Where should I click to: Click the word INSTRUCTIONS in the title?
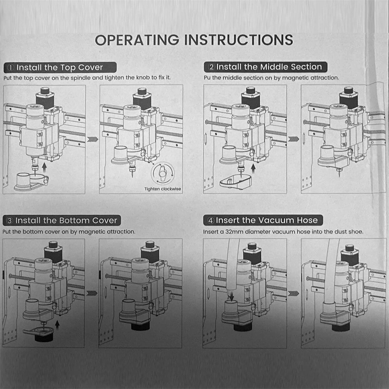pyautogui.click(x=239, y=40)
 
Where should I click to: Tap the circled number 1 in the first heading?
pyautogui.click(x=11, y=68)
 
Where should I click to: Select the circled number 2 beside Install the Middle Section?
pyautogui.click(x=211, y=67)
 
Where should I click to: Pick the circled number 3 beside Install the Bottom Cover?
pyautogui.click(x=10, y=221)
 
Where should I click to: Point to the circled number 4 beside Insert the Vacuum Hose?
pyautogui.click(x=211, y=221)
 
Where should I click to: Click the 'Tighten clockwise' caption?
pyautogui.click(x=162, y=189)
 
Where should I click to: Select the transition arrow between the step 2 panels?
pyautogui.click(x=294, y=139)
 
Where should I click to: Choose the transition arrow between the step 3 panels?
pyautogui.click(x=92, y=293)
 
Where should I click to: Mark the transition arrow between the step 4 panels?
pyautogui.click(x=294, y=293)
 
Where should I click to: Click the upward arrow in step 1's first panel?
pyautogui.click(x=44, y=167)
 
